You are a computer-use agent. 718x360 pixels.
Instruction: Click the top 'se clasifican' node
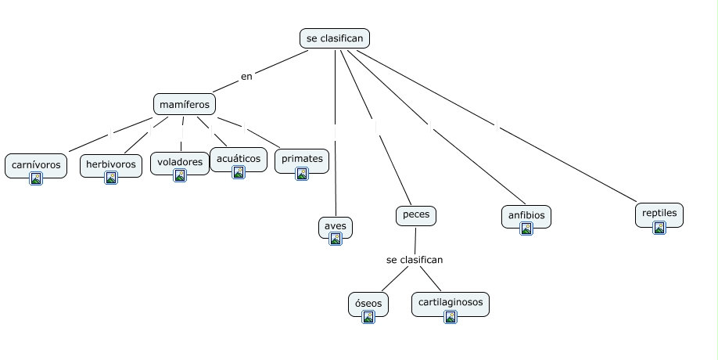[334, 38]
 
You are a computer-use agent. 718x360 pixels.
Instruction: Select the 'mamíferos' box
[185, 104]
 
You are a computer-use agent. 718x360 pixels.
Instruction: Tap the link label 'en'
[247, 76]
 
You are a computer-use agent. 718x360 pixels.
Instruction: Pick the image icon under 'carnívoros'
[36, 178]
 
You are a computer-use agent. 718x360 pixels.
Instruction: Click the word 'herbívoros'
[111, 164]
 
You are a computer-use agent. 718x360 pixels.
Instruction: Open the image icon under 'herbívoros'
[111, 178]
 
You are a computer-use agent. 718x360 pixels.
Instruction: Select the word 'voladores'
[180, 162]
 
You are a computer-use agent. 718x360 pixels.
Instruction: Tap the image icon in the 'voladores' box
[180, 176]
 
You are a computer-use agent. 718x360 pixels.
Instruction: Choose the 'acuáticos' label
[239, 158]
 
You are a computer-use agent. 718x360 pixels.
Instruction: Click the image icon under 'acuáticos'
[239, 172]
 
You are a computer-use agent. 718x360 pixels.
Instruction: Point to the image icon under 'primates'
[302, 174]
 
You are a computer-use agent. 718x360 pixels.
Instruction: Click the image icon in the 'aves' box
[336, 239]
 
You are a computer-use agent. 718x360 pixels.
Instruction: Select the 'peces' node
[416, 214]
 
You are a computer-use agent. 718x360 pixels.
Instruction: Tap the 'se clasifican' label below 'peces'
[415, 260]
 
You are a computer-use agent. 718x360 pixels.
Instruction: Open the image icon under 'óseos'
[368, 317]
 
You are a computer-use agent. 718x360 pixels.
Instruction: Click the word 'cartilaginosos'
[451, 301]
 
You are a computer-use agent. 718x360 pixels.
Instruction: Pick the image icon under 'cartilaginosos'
[451, 317]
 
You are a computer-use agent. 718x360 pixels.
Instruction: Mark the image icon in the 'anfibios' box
[526, 229]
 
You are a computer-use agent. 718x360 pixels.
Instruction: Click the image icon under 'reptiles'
[659, 228]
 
